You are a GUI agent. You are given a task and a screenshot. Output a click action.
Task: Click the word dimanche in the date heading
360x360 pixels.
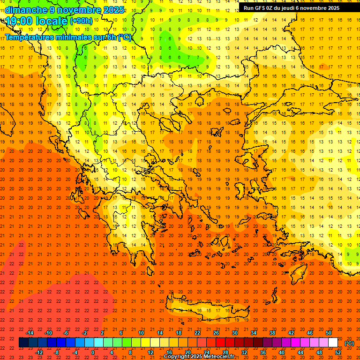tap(26, 9)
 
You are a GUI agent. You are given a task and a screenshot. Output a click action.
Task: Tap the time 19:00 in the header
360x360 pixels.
tap(20, 21)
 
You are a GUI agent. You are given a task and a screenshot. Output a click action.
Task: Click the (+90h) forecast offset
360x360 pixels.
tap(81, 21)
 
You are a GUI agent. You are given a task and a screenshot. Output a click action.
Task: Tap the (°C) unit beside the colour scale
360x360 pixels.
tap(349, 343)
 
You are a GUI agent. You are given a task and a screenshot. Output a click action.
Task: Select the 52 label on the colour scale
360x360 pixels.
tap(337, 352)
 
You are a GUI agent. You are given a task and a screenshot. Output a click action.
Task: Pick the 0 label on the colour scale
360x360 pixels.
tap(93, 352)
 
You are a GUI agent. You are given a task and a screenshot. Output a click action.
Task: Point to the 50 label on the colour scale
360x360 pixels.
tap(329, 333)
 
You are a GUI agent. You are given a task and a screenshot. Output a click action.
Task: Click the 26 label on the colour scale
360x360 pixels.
tap(216, 333)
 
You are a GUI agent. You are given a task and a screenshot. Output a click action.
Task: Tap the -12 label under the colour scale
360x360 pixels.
tap(39, 352)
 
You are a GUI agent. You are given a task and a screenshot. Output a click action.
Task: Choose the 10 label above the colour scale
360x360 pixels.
tap(141, 333)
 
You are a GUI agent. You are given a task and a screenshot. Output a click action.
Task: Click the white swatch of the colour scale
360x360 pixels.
tap(333, 343)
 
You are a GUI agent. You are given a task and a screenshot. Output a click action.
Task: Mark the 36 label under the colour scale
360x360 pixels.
tap(263, 352)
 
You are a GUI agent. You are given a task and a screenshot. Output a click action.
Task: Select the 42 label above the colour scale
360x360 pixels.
tap(291, 333)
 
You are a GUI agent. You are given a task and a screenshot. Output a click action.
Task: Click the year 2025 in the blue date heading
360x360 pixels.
tap(113, 9)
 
